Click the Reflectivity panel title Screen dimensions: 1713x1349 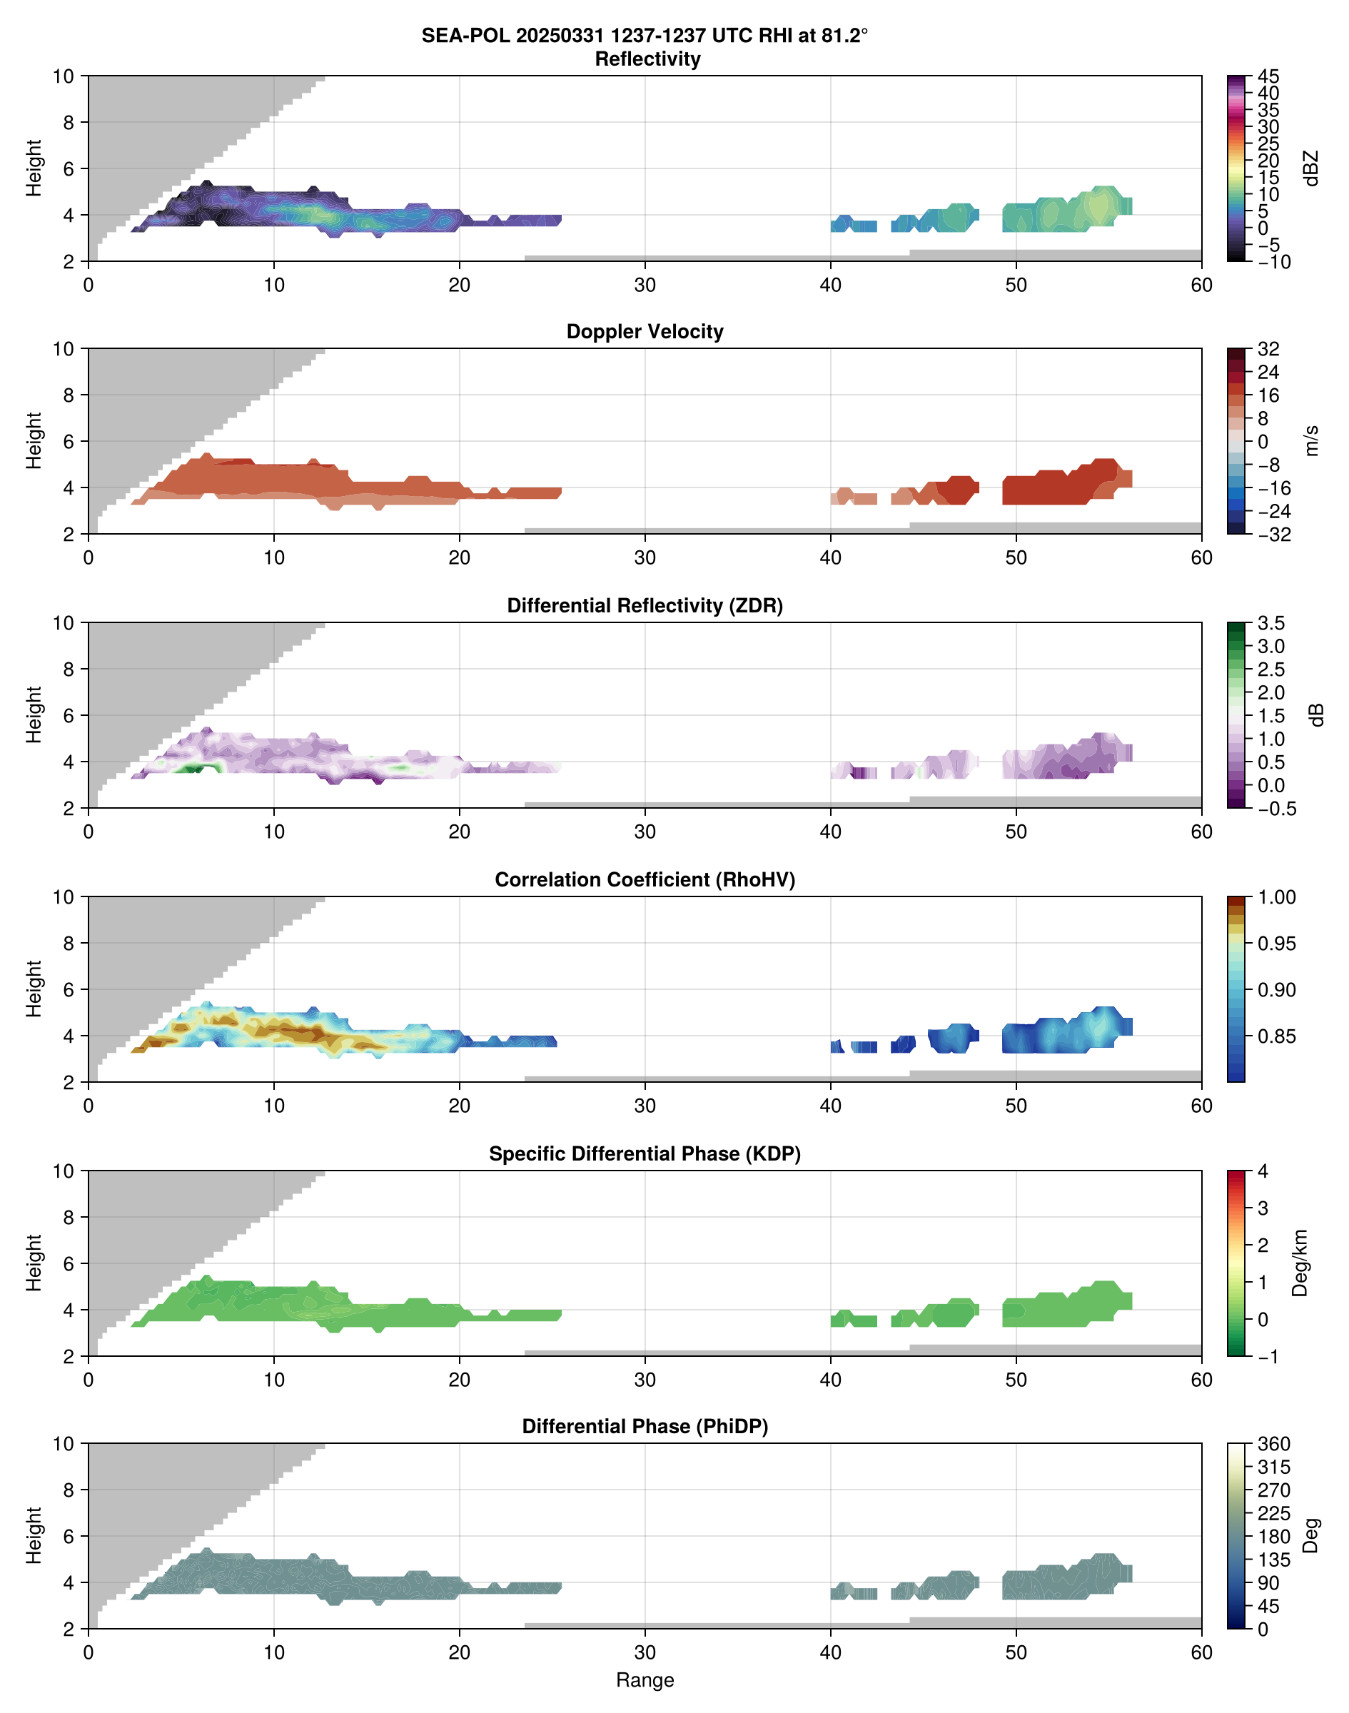pyautogui.click(x=647, y=59)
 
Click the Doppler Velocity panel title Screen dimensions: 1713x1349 pyautogui.click(x=645, y=332)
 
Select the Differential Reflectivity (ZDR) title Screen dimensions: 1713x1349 pyautogui.click(x=645, y=606)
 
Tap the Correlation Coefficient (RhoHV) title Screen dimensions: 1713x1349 pyautogui.click(x=645, y=880)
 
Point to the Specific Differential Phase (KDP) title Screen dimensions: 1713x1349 pyautogui.click(x=645, y=1154)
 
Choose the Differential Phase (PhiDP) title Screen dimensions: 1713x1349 pyautogui.click(x=645, y=1426)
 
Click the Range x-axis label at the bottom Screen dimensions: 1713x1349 pyautogui.click(x=645, y=1680)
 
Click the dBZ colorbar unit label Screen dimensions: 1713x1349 pyautogui.click(x=1312, y=168)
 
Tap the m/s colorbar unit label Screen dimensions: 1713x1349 pyautogui.click(x=1312, y=440)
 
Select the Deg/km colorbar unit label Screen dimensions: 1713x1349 pyautogui.click(x=1300, y=1263)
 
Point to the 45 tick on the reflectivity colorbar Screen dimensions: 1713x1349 pyautogui.click(x=1268, y=76)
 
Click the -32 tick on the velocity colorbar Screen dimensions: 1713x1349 pyautogui.click(x=1274, y=535)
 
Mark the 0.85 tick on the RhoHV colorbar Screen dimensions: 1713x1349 pyautogui.click(x=1276, y=1036)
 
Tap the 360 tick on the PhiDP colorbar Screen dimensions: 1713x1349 pyautogui.click(x=1273, y=1444)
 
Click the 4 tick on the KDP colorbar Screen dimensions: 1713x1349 pyautogui.click(x=1263, y=1171)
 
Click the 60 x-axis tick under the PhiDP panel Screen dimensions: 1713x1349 pyautogui.click(x=1201, y=1652)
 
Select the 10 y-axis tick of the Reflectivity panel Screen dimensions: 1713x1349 pyautogui.click(x=64, y=76)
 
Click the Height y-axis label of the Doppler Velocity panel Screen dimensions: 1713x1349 pyautogui.click(x=33, y=440)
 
